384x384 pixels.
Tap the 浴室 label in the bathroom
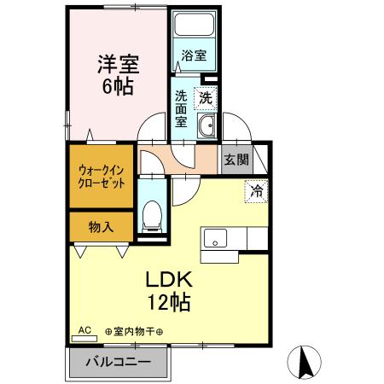click(x=194, y=56)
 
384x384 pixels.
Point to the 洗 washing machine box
click(x=207, y=98)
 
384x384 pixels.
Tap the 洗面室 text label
click(x=182, y=108)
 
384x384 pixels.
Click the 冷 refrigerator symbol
click(x=255, y=192)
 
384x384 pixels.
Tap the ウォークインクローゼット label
click(x=101, y=176)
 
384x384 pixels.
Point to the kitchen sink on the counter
click(x=214, y=238)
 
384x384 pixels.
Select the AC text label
click(x=84, y=329)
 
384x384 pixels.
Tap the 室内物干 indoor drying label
click(x=135, y=331)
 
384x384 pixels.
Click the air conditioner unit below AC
click(x=84, y=338)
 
